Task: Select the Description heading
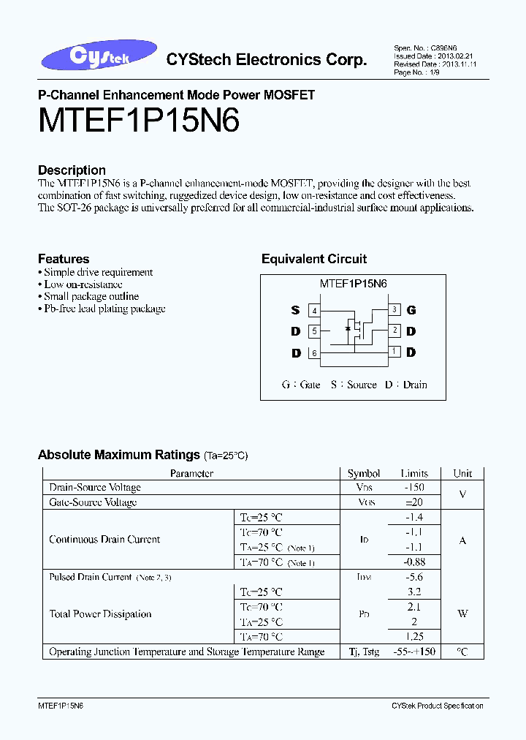(72, 170)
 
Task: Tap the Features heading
(64, 259)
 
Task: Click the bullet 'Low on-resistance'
(83, 284)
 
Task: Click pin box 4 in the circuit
(314, 311)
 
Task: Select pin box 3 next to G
(394, 310)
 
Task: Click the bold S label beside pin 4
(296, 311)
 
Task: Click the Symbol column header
(364, 473)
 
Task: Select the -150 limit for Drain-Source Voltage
(414, 488)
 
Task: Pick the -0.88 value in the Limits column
(414, 562)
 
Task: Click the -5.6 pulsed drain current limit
(414, 577)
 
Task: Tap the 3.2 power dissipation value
(414, 592)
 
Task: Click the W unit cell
(462, 614)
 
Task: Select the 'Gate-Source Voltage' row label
(93, 502)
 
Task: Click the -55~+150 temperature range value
(414, 652)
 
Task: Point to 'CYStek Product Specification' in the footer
(437, 706)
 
